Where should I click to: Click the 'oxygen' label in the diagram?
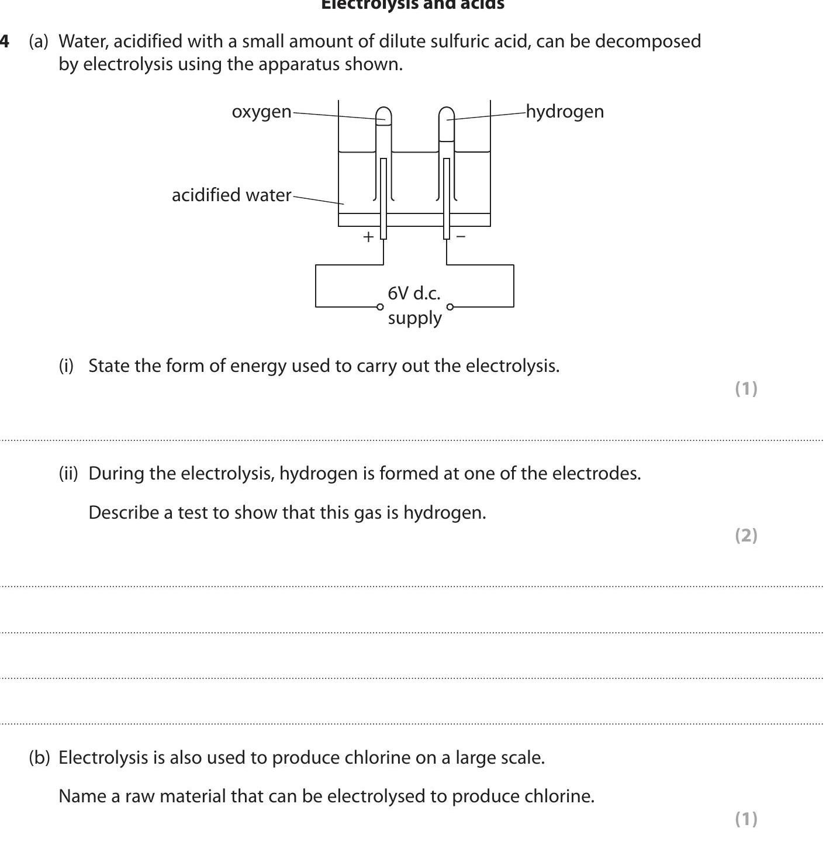[x=261, y=112]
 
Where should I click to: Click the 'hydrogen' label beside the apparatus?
[x=565, y=112]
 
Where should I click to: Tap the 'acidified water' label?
[x=231, y=195]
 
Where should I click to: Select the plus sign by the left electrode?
[x=368, y=237]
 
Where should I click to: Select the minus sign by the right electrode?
[x=461, y=236]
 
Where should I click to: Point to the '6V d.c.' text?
[x=414, y=293]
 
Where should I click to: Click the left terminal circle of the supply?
[x=380, y=306]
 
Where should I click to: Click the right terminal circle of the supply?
[x=450, y=306]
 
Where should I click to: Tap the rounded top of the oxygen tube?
[x=383, y=112]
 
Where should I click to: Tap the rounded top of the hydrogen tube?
[x=447, y=112]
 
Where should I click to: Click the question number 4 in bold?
[x=5, y=42]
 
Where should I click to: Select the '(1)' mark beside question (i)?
[x=746, y=388]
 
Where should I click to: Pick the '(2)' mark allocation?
[x=746, y=535]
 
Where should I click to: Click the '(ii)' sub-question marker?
[x=68, y=473]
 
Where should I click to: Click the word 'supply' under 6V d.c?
[x=414, y=318]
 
